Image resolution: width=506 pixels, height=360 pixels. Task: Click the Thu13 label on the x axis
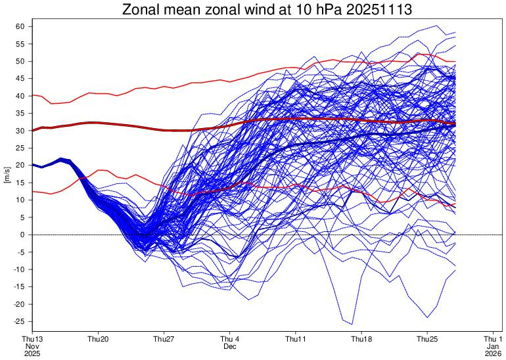point(33,338)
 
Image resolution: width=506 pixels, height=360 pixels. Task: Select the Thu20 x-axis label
point(98,338)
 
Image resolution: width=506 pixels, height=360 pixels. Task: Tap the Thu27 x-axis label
point(164,338)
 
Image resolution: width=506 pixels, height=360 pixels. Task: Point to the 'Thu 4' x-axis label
point(230,338)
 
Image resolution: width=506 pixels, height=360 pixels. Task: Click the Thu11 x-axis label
point(296,338)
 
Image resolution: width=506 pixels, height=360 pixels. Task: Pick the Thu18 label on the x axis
point(361,338)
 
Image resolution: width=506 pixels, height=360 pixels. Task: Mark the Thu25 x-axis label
point(427,338)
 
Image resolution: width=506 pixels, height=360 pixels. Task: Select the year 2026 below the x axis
point(493,353)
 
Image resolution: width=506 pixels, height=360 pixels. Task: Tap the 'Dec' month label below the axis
point(230,346)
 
